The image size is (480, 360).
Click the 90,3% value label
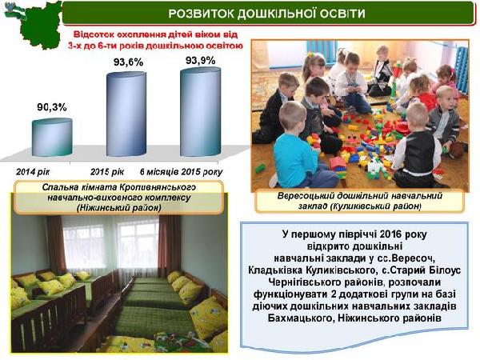pos(52,107)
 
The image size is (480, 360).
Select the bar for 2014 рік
pos(52,137)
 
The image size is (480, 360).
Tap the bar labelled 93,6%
pos(126,114)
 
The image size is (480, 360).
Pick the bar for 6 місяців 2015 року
pos(201,111)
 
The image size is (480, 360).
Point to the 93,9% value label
pos(200,61)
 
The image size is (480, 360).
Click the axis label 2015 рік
pos(107,172)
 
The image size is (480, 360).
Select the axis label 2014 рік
pos(33,172)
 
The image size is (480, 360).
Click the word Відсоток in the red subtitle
pos(91,34)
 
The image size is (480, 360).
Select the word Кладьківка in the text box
pos(275,270)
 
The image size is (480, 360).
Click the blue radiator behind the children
pos(461,70)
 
